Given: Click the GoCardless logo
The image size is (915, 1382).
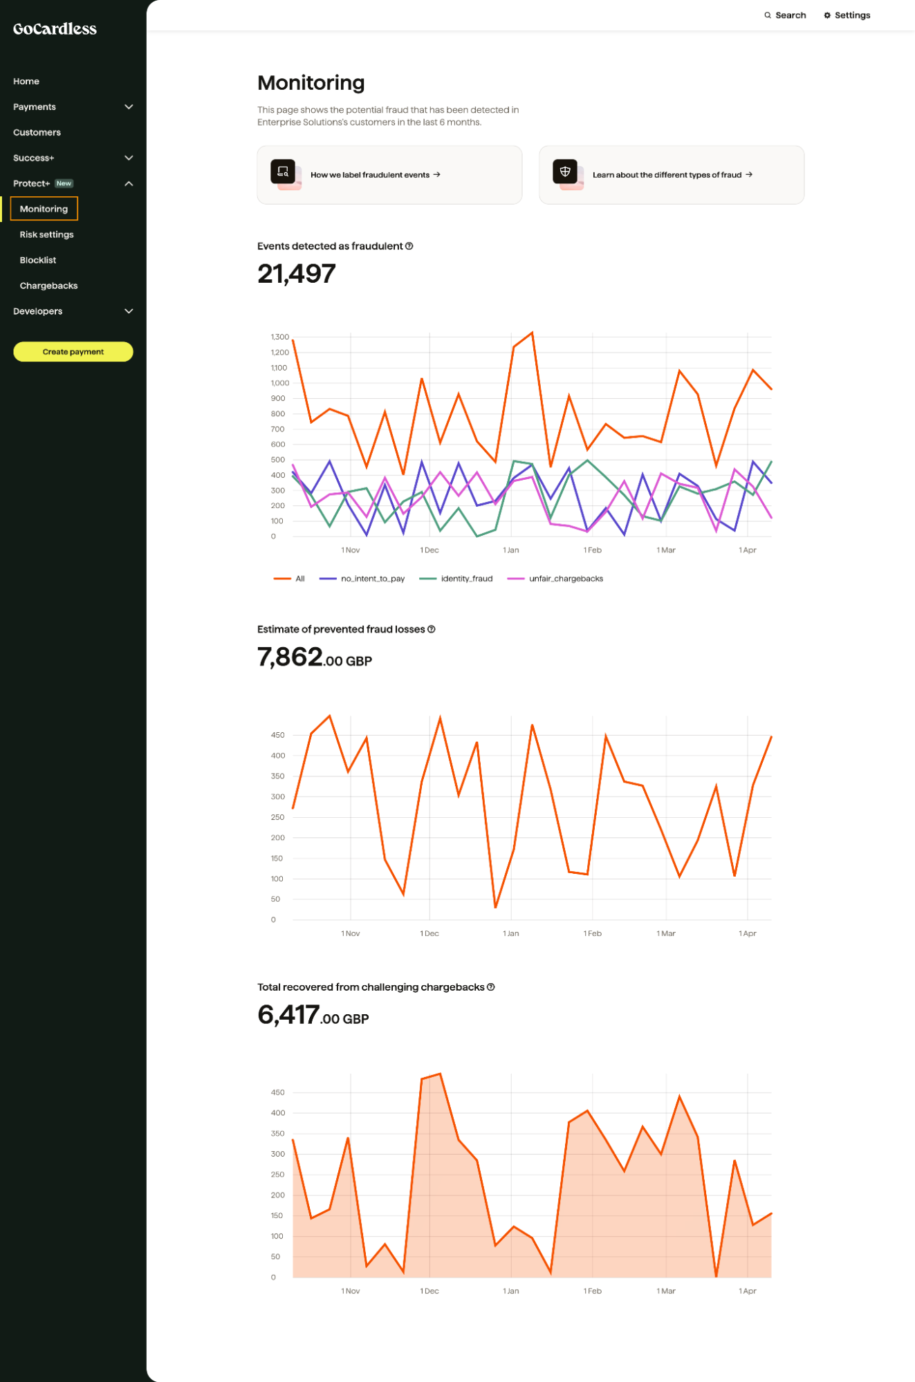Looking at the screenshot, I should click(x=55, y=29).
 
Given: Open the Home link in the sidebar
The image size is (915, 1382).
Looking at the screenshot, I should click(x=26, y=82).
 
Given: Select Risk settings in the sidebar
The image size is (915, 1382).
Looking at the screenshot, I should click(x=46, y=235).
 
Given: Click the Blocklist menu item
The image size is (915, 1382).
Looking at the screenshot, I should click(x=38, y=261).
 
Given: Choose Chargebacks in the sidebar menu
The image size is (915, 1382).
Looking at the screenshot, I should click(x=48, y=286).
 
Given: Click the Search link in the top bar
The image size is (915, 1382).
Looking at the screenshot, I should click(x=785, y=15).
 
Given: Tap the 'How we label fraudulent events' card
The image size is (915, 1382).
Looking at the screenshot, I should click(x=389, y=175).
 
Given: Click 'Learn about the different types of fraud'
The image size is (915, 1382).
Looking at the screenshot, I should click(x=671, y=175).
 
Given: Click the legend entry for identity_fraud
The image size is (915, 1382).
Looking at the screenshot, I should click(x=466, y=579).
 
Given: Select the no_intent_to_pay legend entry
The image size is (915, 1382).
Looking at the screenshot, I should click(x=372, y=579).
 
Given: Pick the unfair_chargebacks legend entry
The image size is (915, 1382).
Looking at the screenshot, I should click(x=565, y=579).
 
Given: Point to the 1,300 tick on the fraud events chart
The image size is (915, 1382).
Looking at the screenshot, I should click(x=279, y=337).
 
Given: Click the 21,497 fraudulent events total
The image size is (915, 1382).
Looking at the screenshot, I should click(x=296, y=274).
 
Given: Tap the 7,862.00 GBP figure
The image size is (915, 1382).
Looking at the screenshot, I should click(x=314, y=658).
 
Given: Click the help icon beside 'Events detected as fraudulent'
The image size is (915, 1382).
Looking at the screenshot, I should click(x=409, y=246).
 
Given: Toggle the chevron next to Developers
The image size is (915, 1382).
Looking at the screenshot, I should click(x=129, y=312).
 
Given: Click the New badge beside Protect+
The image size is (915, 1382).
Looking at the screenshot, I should click(x=64, y=184).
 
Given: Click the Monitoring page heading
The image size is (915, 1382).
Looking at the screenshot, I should click(x=311, y=83).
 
